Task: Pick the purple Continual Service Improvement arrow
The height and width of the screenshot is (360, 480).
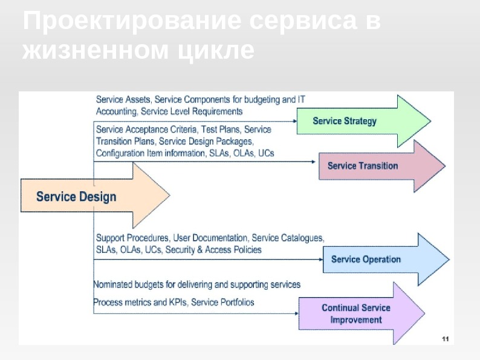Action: tap(357, 313)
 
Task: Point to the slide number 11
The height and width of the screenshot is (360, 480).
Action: tap(445, 338)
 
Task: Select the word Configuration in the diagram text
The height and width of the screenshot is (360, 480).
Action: tap(120, 153)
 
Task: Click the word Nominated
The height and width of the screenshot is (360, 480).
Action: tap(114, 284)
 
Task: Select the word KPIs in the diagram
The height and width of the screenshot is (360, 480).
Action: tap(178, 302)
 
